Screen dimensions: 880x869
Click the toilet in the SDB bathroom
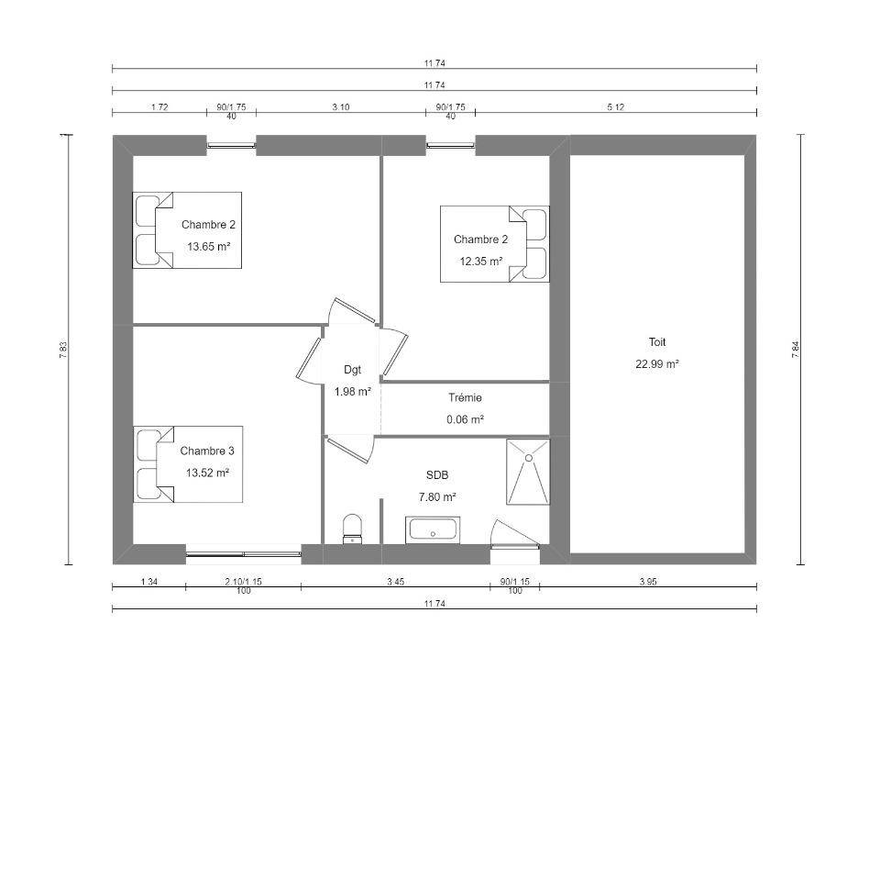click(352, 529)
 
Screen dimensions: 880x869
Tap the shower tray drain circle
click(528, 458)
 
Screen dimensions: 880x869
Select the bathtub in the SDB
click(433, 529)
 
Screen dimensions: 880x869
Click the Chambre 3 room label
click(207, 451)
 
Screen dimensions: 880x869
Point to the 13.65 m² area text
click(209, 246)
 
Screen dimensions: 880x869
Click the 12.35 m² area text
click(481, 261)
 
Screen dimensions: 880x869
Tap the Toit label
click(657, 341)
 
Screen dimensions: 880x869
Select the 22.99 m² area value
click(657, 363)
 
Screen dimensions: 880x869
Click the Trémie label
click(466, 397)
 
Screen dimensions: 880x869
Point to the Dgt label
click(352, 370)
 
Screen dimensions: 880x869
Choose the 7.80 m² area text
click(437, 496)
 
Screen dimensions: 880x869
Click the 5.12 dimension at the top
click(616, 106)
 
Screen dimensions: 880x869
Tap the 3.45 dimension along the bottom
click(396, 582)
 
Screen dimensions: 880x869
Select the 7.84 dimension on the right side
click(796, 350)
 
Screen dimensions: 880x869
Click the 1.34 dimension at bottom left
click(148, 582)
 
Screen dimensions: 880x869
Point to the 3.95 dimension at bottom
click(648, 582)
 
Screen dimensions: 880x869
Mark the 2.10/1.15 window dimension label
click(244, 582)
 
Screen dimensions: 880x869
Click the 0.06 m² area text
click(466, 419)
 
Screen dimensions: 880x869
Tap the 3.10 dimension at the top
click(341, 106)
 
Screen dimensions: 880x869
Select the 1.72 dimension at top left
click(159, 106)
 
